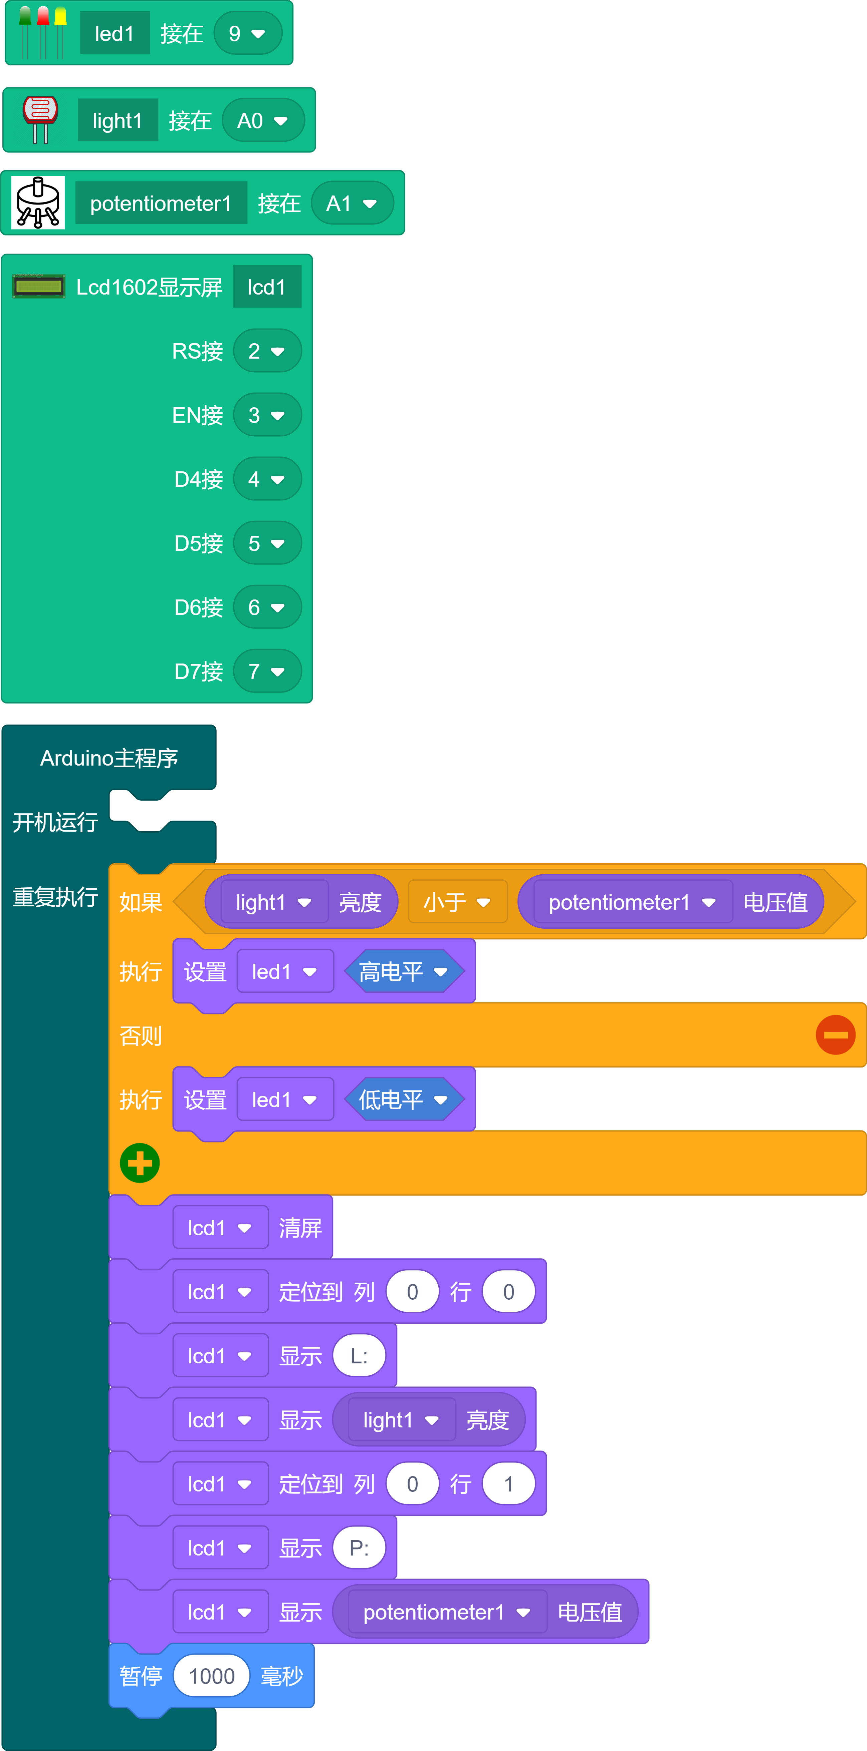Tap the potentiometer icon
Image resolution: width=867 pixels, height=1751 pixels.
click(38, 202)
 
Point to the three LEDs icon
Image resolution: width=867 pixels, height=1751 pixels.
click(42, 32)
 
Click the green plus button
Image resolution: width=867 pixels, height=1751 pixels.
click(140, 1163)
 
